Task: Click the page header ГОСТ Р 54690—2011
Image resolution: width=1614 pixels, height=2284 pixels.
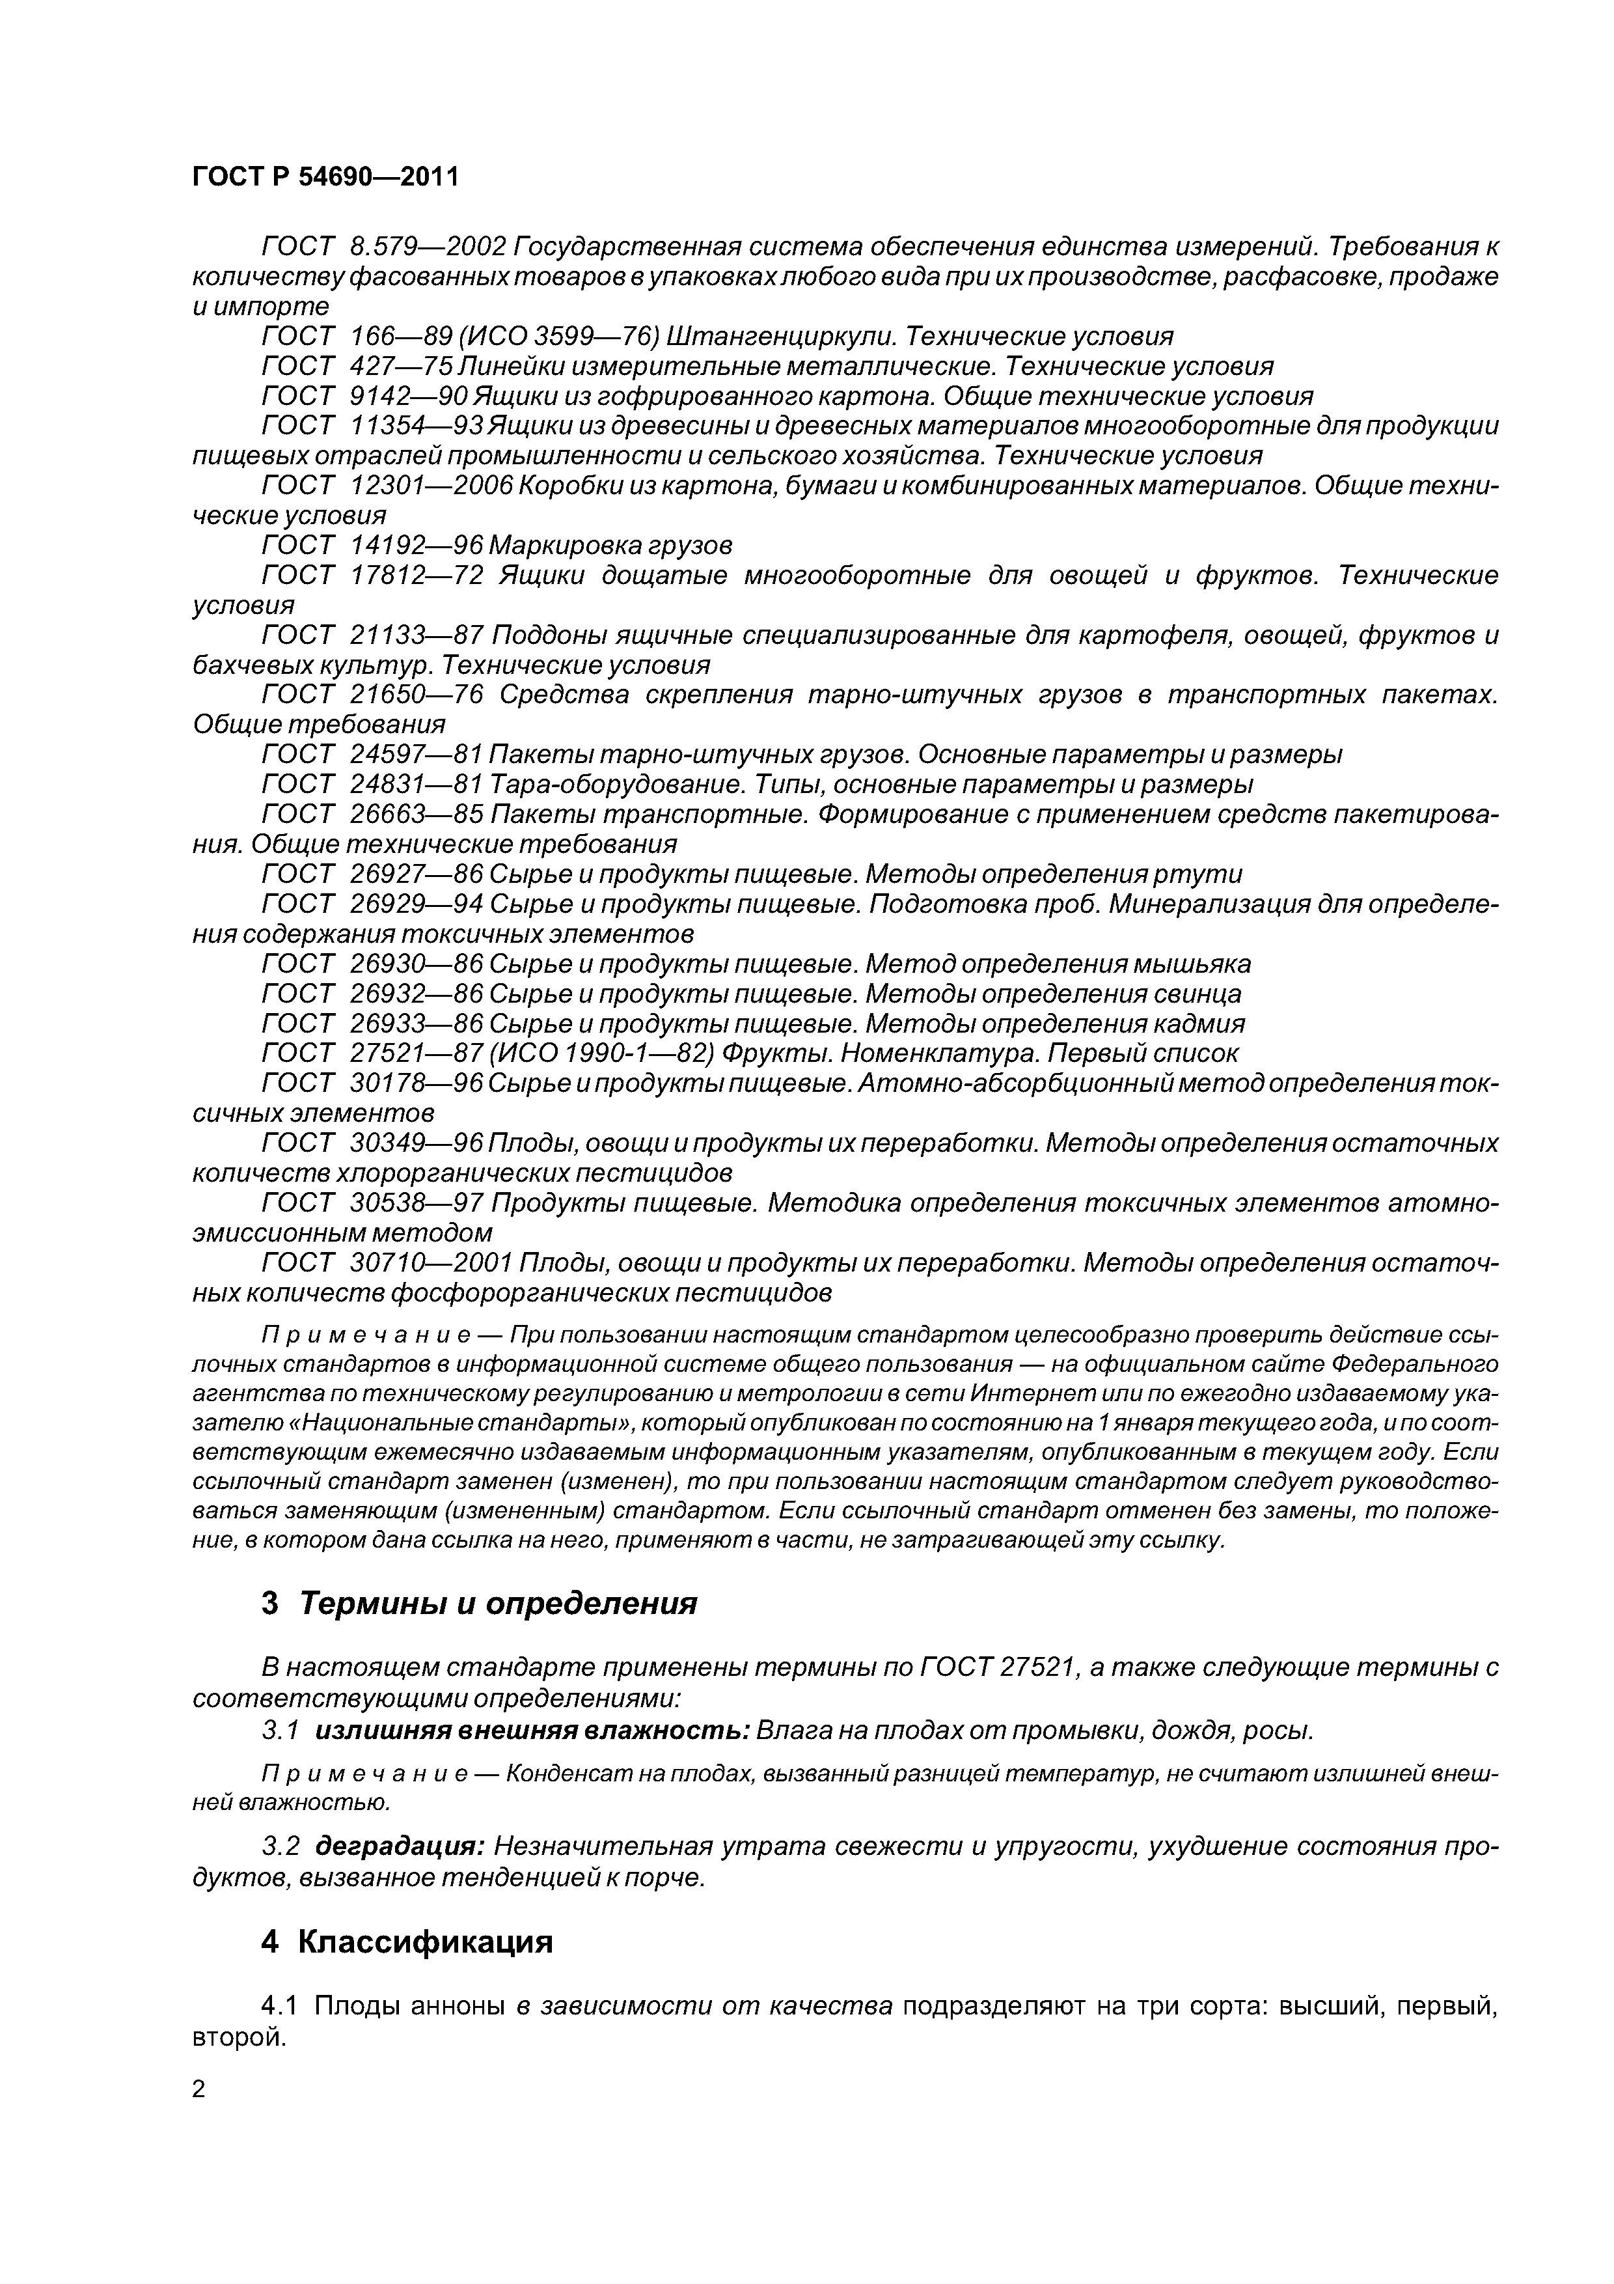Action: pos(325,177)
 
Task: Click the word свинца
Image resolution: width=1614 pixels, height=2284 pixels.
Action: pos(1196,993)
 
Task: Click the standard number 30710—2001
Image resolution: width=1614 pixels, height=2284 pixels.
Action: pos(431,1262)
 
